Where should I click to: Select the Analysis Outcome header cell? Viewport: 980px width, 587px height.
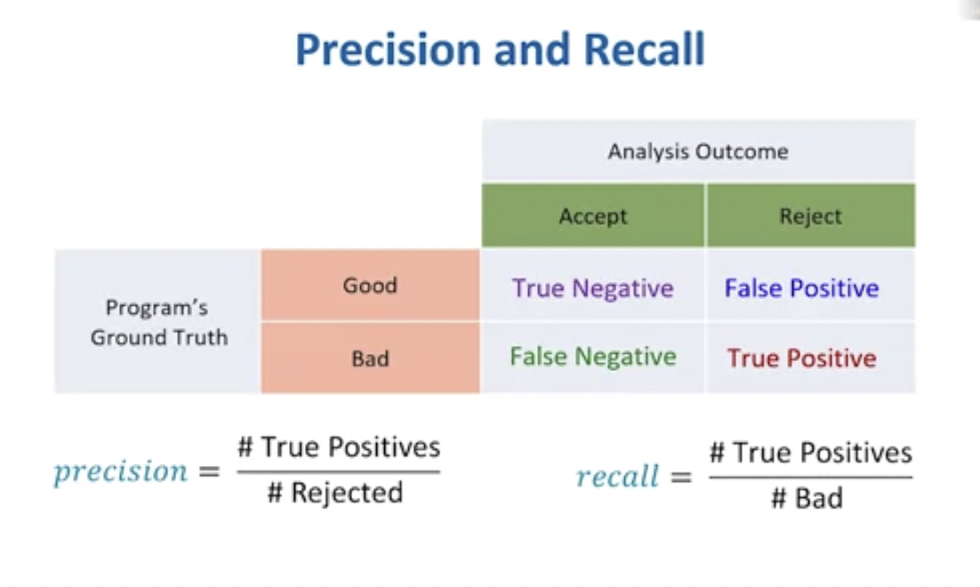coord(698,151)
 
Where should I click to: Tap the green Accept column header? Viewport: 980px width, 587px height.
coord(593,216)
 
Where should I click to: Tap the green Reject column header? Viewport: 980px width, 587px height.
coord(810,216)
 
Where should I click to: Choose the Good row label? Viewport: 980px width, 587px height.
coord(370,285)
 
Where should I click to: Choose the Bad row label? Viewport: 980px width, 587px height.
coord(370,359)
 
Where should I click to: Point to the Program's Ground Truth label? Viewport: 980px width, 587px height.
coord(158,322)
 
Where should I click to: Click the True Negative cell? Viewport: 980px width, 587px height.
coord(592,288)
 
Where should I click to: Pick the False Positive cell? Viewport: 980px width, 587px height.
coord(801,288)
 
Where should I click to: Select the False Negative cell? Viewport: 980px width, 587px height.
coord(593,358)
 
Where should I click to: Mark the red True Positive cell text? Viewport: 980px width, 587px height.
coord(801,358)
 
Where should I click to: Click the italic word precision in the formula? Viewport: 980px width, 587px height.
coord(121,471)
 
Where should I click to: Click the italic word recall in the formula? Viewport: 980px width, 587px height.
coord(617,477)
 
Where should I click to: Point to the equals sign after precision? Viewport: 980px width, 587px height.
coord(207,472)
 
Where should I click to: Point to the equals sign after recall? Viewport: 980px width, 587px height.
coord(680,478)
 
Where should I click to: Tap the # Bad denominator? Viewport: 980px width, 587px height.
coord(807,498)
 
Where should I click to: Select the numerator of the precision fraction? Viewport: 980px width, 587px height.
coord(339,446)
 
